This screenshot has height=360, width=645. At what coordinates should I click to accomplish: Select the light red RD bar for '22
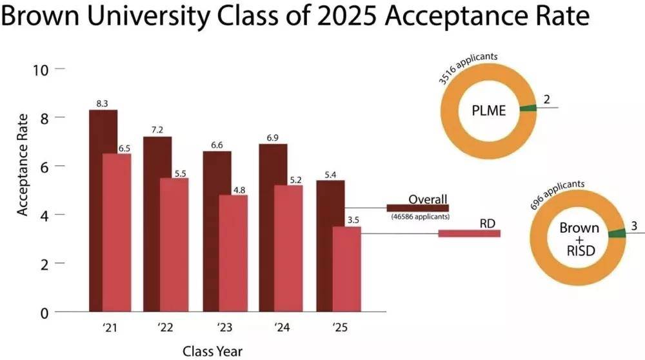pyautogui.click(x=174, y=245)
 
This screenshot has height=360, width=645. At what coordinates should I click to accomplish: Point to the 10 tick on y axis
pyautogui.click(x=41, y=69)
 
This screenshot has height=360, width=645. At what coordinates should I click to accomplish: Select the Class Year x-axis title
pyautogui.click(x=212, y=351)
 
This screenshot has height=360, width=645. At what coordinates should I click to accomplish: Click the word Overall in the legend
pyautogui.click(x=427, y=198)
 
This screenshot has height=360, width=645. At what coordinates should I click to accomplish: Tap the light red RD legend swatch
pyautogui.click(x=469, y=233)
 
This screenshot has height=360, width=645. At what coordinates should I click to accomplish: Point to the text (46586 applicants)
pyautogui.click(x=420, y=217)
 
